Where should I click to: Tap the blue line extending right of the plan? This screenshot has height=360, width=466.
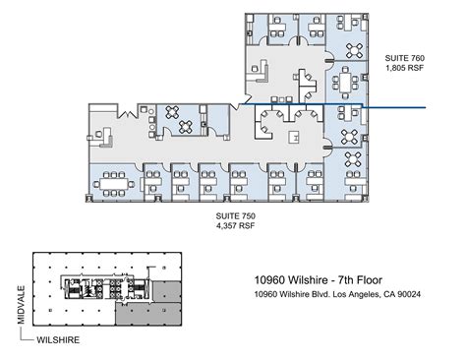[x=398, y=106]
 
